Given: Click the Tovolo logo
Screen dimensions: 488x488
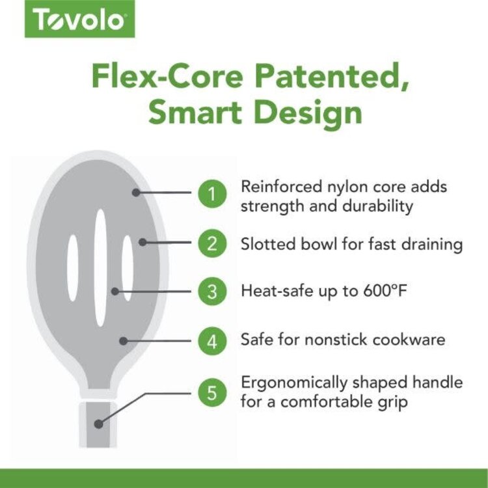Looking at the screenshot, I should coord(79,21).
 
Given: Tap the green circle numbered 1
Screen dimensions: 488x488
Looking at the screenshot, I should coord(212,193).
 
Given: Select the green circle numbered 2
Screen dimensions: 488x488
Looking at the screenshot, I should coord(212,243).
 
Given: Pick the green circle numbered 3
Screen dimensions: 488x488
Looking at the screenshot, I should coord(212,291).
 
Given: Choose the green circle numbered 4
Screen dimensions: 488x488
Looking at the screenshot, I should coord(212,340).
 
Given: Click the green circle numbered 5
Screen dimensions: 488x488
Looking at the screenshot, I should coord(212,392).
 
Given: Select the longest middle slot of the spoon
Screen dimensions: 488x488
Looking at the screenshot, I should coord(100,267).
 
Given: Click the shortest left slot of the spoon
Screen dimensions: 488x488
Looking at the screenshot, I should coord(73,267).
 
